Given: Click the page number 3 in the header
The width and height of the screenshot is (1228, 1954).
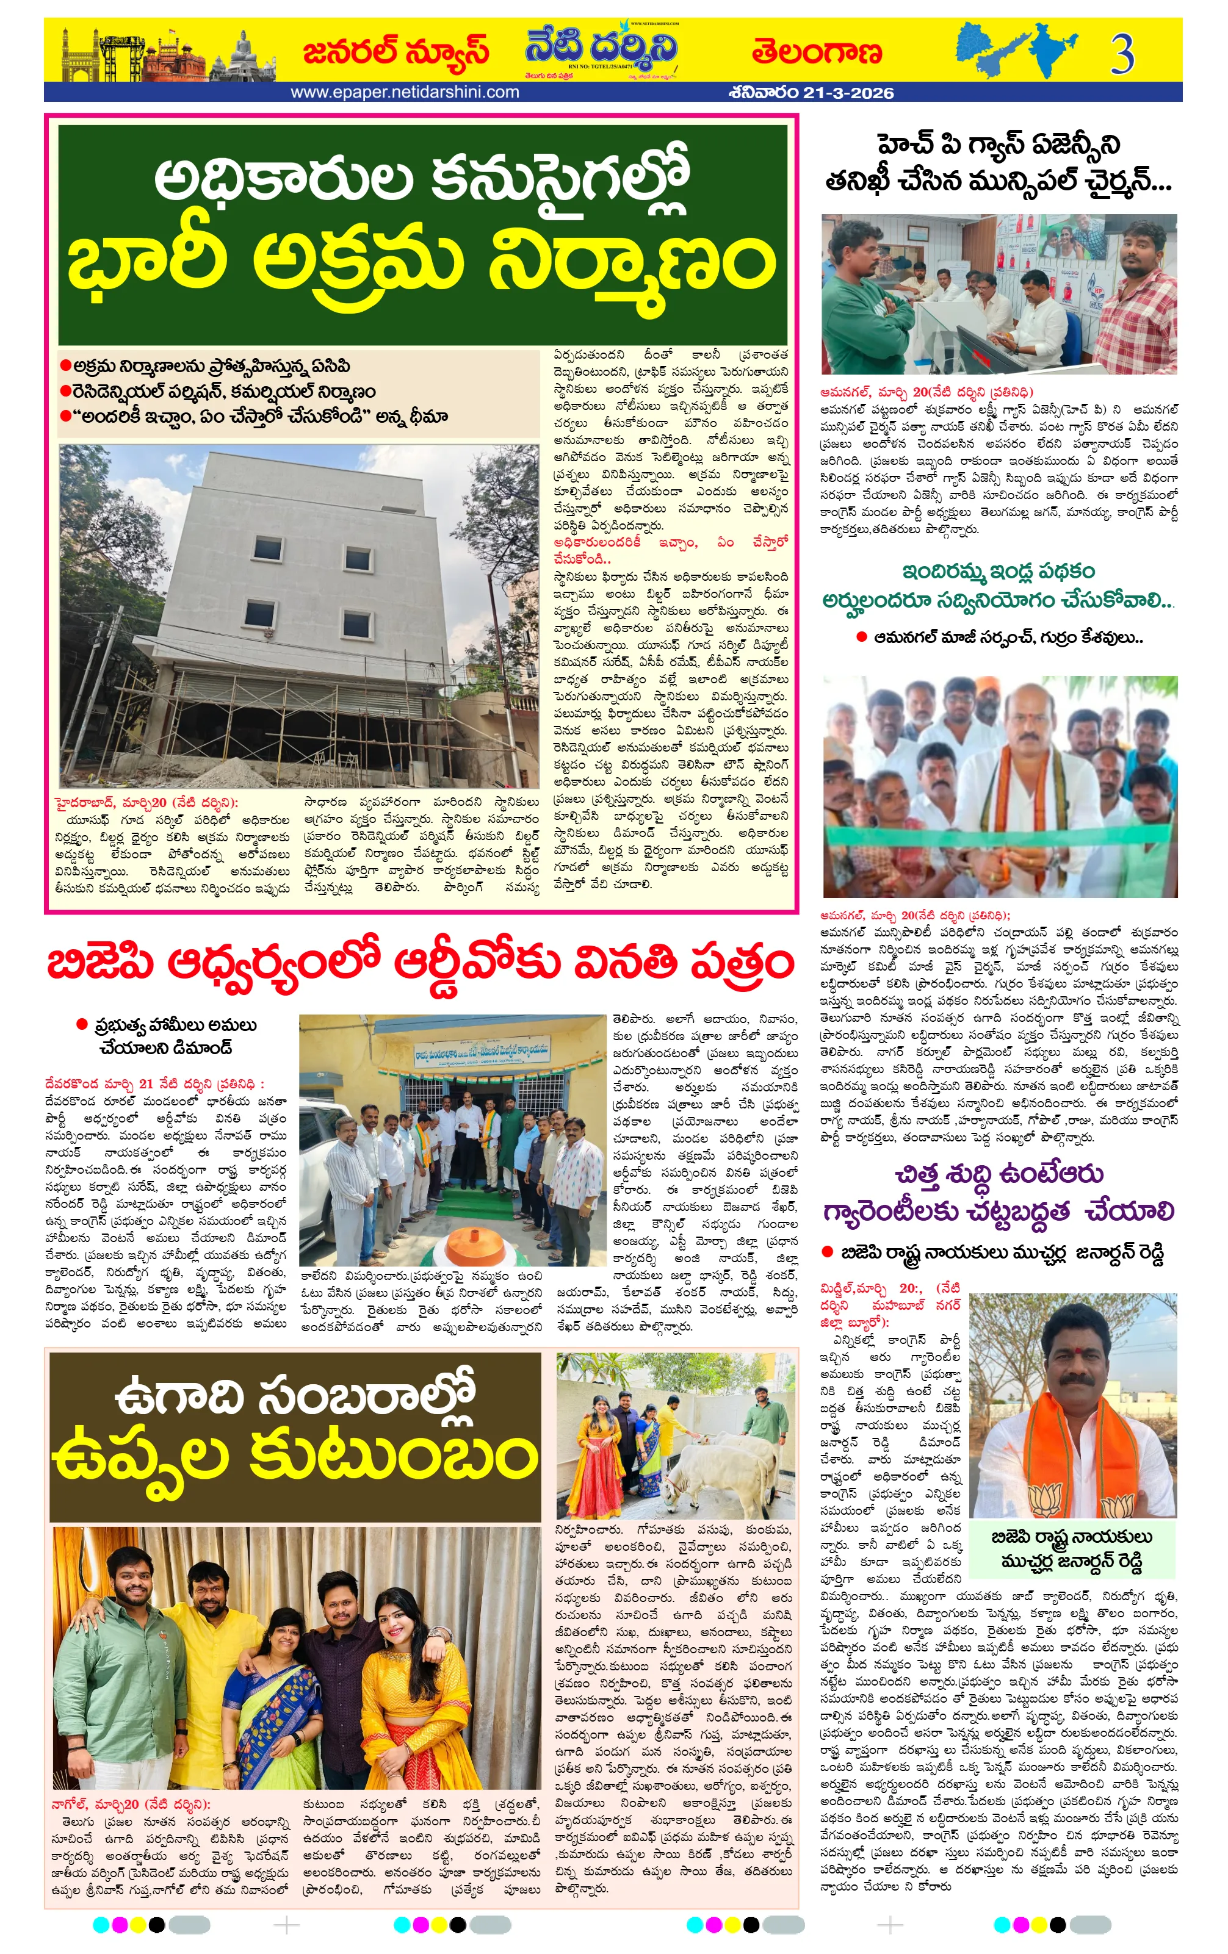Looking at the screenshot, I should click(1122, 54).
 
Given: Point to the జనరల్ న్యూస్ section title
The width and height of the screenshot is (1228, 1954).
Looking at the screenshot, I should click(395, 52).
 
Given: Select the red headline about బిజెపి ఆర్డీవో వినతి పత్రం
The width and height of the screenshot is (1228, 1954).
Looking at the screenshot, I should click(421, 964).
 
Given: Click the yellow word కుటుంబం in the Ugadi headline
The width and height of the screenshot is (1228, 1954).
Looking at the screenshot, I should click(394, 1458).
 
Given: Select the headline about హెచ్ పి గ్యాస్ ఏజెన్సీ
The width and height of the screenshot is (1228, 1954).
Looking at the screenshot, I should click(999, 162).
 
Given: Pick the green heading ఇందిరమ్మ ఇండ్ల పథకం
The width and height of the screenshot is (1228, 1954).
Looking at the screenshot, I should click(999, 571).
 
